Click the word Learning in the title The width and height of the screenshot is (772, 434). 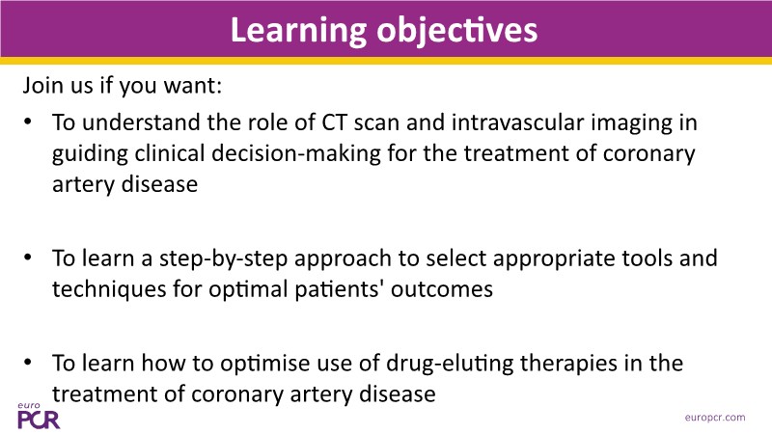298,32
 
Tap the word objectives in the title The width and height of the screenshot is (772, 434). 456,32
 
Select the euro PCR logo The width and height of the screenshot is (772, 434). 39,417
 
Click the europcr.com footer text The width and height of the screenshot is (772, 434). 715,418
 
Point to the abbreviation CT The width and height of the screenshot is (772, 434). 334,122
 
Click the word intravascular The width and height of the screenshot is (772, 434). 517,122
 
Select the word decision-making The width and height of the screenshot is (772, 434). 296,153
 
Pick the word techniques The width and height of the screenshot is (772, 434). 109,288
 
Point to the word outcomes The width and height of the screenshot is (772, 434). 442,289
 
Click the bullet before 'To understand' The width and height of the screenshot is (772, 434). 28,122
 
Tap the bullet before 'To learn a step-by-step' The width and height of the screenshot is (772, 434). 28,258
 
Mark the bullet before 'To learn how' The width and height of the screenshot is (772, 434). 28,363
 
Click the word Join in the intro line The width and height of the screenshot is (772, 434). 42,86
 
